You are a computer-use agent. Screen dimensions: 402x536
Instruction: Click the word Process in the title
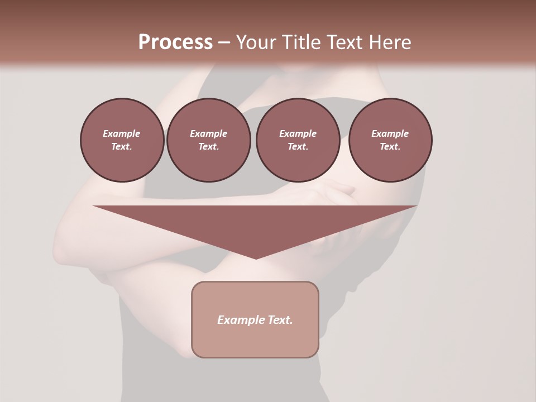click(175, 42)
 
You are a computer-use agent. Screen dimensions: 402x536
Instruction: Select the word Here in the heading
click(390, 42)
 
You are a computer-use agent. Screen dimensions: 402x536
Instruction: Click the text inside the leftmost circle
click(122, 140)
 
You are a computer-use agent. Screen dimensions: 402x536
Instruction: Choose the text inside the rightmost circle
click(390, 140)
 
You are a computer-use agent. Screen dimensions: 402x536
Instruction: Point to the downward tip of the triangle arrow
click(256, 258)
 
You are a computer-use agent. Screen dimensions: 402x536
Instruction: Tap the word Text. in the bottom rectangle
click(280, 320)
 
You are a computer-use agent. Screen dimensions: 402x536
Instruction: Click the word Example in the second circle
click(209, 133)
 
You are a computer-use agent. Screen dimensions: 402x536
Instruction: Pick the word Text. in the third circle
click(298, 146)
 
